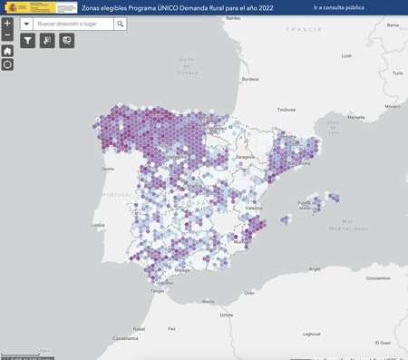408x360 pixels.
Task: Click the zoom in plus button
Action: pyautogui.click(x=7, y=24)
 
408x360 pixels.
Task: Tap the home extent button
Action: pyautogui.click(x=7, y=51)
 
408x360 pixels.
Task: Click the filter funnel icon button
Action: pyautogui.click(x=28, y=41)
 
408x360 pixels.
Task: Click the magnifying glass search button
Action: pyautogui.click(x=120, y=24)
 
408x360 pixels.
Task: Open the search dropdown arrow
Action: pyautogui.click(x=25, y=24)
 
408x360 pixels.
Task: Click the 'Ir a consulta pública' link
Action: pyautogui.click(x=339, y=7)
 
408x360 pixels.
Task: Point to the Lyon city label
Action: pyautogui.click(x=346, y=55)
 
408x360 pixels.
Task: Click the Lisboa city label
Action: pyautogui.click(x=98, y=225)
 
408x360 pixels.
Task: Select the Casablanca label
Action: pyautogui.click(x=125, y=337)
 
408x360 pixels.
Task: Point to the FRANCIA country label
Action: pyautogui.click(x=303, y=30)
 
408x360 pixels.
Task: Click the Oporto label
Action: pyautogui.click(x=108, y=169)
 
